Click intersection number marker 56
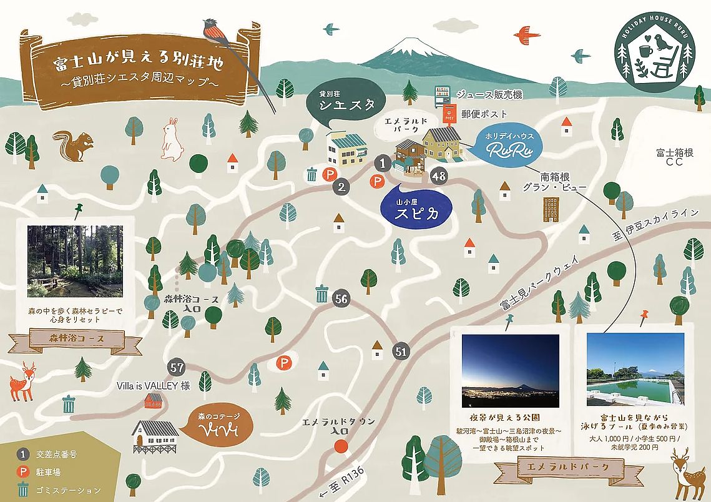[x=341, y=299]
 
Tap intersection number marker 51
[x=401, y=352]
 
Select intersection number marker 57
[x=177, y=368]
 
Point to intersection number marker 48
[x=439, y=176]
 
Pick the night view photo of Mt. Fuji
[x=509, y=372]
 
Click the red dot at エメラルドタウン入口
[x=340, y=446]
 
